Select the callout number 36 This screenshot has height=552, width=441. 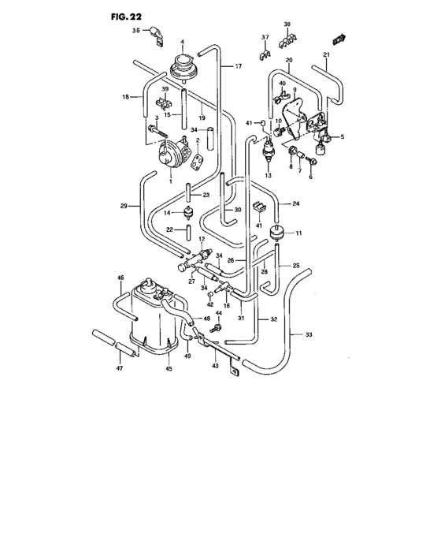[135, 32]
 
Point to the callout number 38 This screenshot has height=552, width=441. [287, 24]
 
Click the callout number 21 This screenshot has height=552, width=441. [326, 54]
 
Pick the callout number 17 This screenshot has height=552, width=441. [238, 67]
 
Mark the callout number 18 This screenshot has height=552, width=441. [124, 97]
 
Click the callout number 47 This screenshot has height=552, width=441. [120, 367]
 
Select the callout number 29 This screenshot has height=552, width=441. [124, 207]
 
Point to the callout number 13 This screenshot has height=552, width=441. [268, 175]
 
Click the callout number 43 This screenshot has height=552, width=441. [213, 366]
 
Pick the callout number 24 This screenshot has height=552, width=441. [297, 204]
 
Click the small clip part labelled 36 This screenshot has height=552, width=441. [157, 34]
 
